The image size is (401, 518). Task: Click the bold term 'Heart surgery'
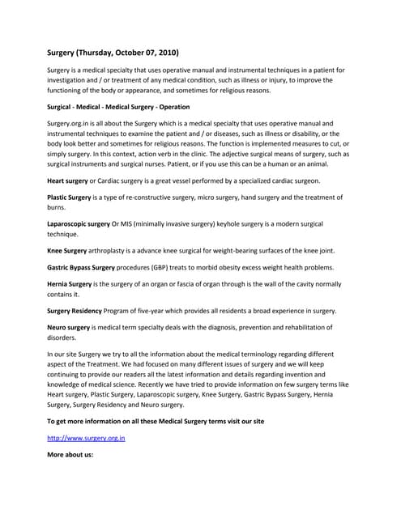tap(68, 180)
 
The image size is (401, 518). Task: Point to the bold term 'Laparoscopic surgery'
tap(79, 223)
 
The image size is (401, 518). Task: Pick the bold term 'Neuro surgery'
tap(69, 329)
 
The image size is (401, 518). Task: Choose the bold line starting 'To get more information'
tap(155, 421)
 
